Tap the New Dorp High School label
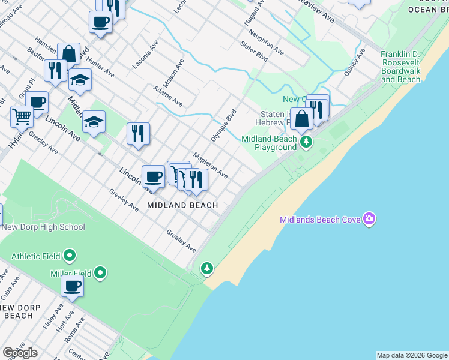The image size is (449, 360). tap(43, 227)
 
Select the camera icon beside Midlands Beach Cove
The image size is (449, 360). tap(369, 220)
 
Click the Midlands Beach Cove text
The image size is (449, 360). tap(320, 220)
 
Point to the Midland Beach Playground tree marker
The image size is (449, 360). tap(307, 142)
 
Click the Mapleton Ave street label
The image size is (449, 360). tap(210, 165)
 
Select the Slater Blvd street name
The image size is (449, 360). tap(253, 52)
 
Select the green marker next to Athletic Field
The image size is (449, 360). tap(70, 256)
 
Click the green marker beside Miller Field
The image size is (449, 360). tap(100, 274)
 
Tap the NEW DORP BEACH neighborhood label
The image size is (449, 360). tap(22, 311)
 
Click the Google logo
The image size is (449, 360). tap(20, 353)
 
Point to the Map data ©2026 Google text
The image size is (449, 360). tap(411, 355)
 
